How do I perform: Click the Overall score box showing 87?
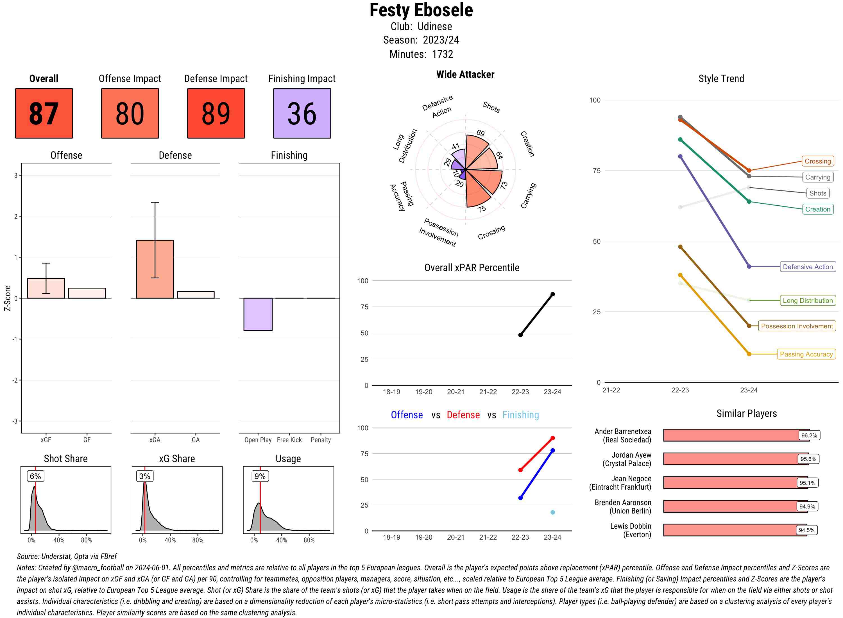[44, 113]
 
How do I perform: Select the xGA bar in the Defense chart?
[155, 269]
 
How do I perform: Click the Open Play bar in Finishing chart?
[258, 314]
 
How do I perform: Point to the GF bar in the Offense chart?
[87, 293]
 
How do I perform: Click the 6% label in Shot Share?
[35, 476]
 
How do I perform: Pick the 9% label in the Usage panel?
[260, 476]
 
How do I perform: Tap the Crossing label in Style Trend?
[817, 161]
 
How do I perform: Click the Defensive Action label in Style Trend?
[808, 267]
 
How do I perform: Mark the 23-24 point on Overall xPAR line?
[552, 294]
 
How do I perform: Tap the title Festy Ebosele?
[421, 10]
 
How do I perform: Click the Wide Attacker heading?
[465, 74]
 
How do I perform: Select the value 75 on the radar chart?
[482, 209]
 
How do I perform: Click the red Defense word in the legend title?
[463, 415]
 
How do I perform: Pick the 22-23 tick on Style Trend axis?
[679, 390]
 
